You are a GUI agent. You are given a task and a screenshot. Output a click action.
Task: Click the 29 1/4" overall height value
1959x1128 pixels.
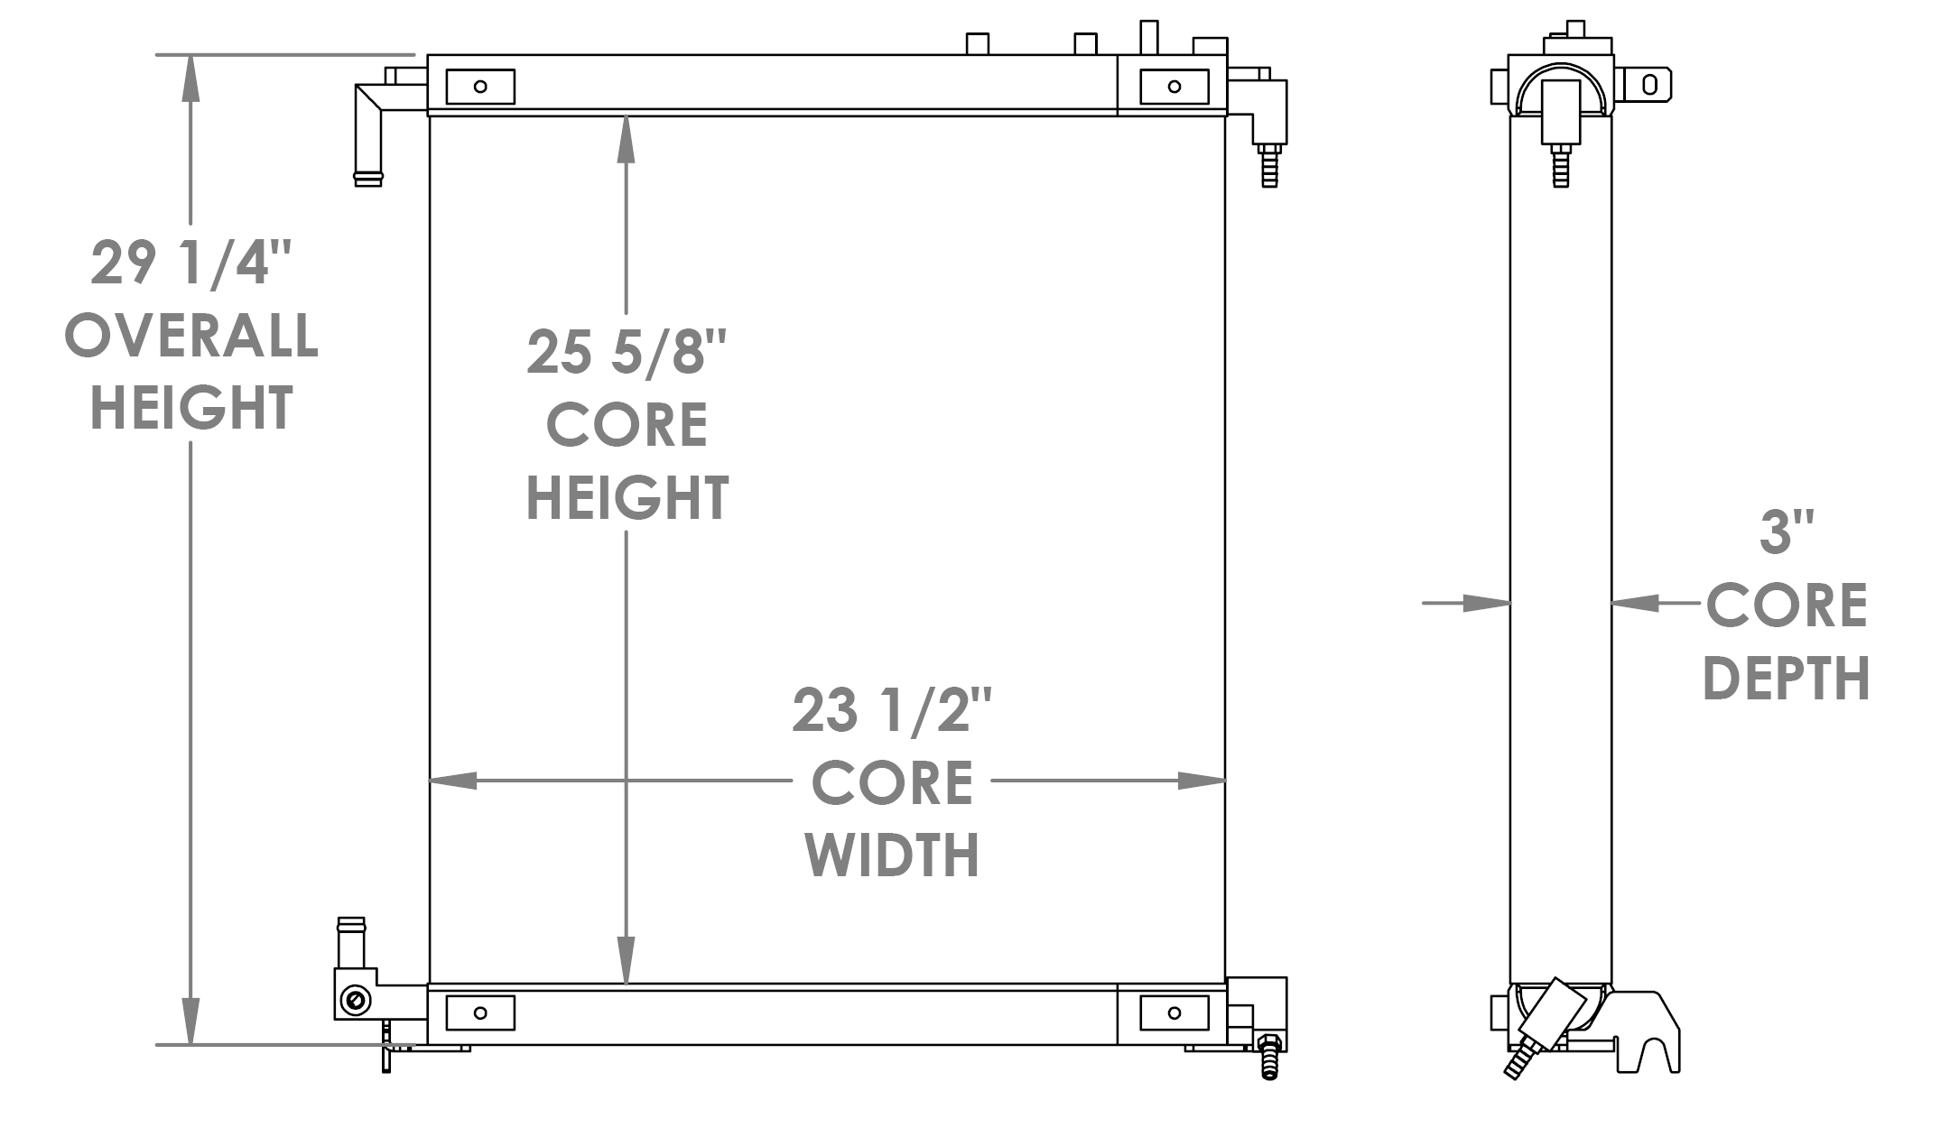(191, 264)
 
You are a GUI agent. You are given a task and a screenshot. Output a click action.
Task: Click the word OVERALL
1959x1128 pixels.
(191, 337)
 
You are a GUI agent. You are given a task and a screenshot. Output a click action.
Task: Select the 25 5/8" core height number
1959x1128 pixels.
(627, 353)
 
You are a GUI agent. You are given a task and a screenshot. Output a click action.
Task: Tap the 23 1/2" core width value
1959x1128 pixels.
(892, 710)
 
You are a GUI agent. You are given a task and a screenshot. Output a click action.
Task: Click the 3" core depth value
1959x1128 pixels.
(1775, 532)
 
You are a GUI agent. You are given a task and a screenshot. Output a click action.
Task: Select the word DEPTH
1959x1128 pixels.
(1786, 678)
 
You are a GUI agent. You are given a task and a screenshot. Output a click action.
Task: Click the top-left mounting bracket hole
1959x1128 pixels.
(480, 87)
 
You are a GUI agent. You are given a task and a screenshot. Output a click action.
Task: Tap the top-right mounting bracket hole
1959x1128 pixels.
(1174, 87)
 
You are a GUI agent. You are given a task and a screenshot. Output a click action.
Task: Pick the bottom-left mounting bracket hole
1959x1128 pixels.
(480, 1012)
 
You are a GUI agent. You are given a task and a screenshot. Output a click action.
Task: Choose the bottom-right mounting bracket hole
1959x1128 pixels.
(1174, 1012)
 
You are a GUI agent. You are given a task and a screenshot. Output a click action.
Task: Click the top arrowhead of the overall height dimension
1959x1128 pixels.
(190, 76)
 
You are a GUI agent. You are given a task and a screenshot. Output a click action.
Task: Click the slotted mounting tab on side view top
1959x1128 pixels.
(1648, 86)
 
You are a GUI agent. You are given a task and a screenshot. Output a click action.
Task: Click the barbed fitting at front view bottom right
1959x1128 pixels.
(1268, 1058)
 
